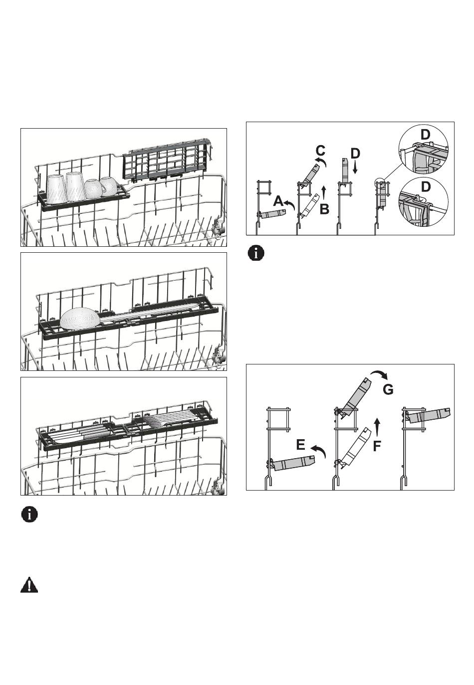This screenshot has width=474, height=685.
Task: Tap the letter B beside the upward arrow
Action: tap(324, 209)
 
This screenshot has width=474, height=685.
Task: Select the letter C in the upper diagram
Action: tap(321, 150)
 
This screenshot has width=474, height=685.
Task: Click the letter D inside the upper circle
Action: tap(425, 135)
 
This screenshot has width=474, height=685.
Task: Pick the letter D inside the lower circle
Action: tap(425, 186)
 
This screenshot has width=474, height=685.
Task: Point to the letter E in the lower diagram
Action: tap(300, 444)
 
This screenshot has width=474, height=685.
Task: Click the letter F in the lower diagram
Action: tap(377, 445)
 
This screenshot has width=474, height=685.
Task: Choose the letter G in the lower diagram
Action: tap(388, 389)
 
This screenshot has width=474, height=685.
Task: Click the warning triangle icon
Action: tap(29, 585)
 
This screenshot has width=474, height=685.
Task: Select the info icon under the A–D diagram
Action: tap(256, 253)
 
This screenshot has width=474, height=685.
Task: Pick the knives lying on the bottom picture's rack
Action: tap(80, 435)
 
